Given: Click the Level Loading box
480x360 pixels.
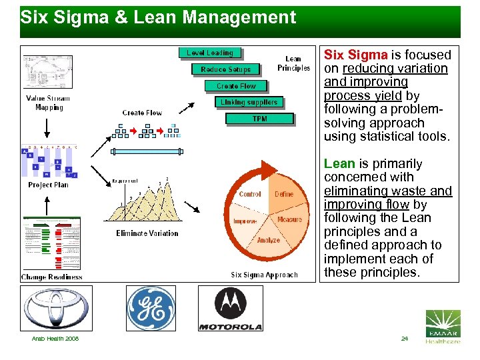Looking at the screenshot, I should (x=209, y=53).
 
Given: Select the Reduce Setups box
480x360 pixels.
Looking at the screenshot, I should (x=225, y=69).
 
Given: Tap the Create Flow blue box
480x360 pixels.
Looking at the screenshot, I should (x=236, y=86).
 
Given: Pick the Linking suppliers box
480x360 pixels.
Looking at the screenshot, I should (x=249, y=102).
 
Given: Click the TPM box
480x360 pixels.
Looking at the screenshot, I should (x=259, y=119).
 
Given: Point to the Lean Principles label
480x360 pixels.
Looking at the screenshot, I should (x=293, y=63).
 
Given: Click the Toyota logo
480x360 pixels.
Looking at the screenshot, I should (x=56, y=308).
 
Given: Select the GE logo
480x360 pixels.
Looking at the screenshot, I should (x=151, y=308).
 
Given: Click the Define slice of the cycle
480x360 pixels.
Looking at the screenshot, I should (x=284, y=194).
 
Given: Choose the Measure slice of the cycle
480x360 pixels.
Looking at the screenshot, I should (x=289, y=219).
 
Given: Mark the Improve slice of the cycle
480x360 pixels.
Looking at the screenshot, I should (x=245, y=221).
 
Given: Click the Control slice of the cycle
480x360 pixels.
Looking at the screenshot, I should (x=250, y=194).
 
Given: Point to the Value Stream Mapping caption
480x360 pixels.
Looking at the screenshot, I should (x=49, y=103).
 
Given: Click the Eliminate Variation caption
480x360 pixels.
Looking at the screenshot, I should (x=147, y=233).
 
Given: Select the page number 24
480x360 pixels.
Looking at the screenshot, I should (x=404, y=339).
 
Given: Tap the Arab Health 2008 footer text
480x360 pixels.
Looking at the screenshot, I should (x=55, y=339).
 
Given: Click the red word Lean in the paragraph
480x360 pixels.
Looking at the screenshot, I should (x=339, y=163).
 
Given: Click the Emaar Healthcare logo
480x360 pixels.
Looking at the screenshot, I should (x=443, y=327).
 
